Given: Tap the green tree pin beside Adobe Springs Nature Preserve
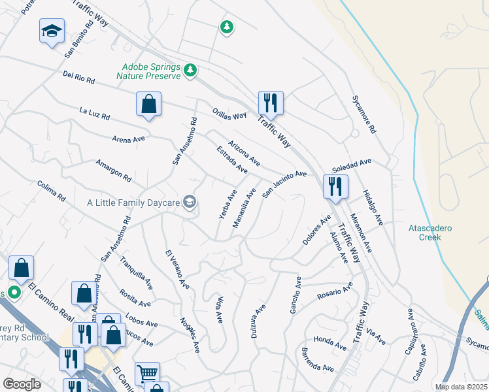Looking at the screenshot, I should pyautogui.click(x=190, y=70).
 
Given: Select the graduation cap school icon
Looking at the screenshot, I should pyautogui.click(x=52, y=31).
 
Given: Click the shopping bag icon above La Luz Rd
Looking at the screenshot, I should pyautogui.click(x=148, y=104).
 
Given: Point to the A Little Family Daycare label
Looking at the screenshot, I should pyautogui.click(x=133, y=203).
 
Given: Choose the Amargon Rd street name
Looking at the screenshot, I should pyautogui.click(x=113, y=171).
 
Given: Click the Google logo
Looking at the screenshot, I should pyautogui.click(x=22, y=384).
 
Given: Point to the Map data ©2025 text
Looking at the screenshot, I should pyautogui.click(x=461, y=387).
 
